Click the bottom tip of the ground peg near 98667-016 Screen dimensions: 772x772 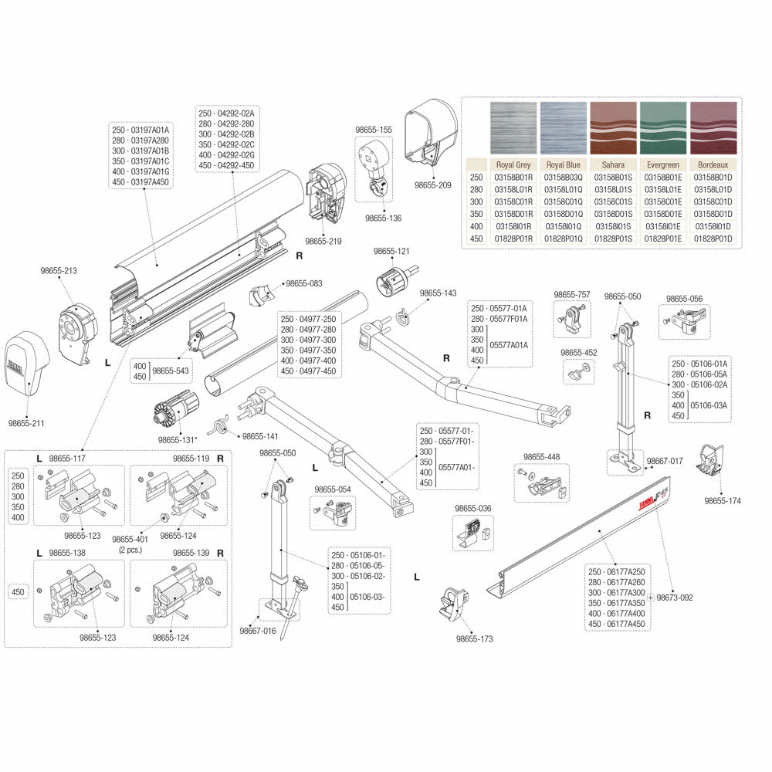tap(282, 639)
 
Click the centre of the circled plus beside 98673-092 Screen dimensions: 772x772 tap(650, 598)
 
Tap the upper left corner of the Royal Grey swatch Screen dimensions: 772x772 tap(491, 103)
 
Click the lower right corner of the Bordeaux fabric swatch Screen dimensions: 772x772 tap(737, 154)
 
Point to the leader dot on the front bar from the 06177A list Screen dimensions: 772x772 tap(599, 531)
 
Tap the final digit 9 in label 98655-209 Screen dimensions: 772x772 tap(448, 185)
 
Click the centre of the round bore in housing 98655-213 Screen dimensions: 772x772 tap(69, 327)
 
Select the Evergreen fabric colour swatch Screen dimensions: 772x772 tap(663, 128)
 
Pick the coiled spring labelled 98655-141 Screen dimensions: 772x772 tap(218, 425)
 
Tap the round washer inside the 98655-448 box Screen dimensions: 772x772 tap(531, 476)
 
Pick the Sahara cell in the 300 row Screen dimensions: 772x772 tap(613, 201)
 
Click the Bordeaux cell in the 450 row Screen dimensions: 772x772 tap(713, 239)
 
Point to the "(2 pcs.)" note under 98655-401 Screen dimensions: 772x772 tap(130, 550)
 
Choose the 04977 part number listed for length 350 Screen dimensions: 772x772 tap(317, 350)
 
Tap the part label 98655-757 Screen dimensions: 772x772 tap(571, 294)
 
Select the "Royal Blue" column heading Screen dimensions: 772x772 tap(564, 165)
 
